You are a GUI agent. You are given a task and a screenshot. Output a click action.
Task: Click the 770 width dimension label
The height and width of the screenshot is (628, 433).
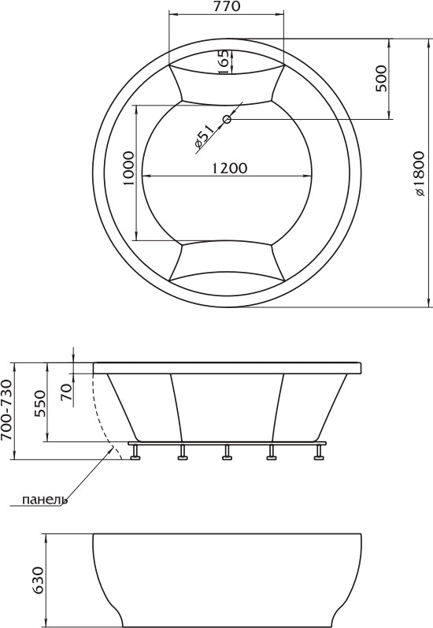pos(227,7)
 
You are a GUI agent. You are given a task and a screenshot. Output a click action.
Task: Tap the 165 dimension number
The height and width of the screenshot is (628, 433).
pos(224,61)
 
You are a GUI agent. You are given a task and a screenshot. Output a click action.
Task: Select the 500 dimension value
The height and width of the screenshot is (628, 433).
pos(381,79)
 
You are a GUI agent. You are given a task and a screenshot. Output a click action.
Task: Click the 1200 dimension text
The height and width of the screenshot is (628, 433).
pos(229,168)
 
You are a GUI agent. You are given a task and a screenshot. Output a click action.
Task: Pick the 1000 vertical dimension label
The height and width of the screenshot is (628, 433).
pos(128,168)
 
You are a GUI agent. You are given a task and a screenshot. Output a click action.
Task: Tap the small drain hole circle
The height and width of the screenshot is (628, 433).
pos(228,119)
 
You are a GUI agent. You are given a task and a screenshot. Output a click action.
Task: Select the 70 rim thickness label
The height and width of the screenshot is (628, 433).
pos(67,392)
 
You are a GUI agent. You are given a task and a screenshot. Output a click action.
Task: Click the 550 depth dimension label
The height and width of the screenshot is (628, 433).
pos(40,404)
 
